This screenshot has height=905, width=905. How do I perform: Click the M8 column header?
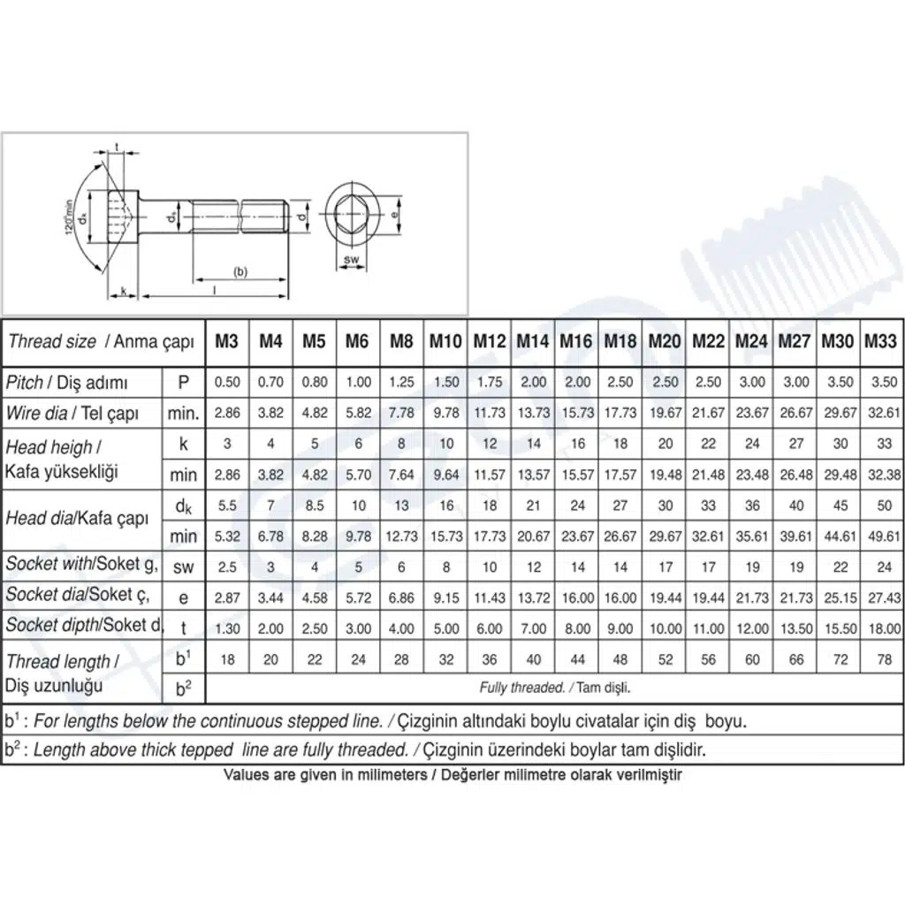(401, 341)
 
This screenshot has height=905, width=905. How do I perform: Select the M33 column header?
(881, 341)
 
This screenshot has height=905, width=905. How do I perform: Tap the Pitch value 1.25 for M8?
(401, 382)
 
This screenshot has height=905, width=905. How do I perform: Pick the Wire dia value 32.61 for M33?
(884, 414)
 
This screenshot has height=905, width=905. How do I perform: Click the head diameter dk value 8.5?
(315, 506)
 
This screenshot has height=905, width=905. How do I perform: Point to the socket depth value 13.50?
(796, 628)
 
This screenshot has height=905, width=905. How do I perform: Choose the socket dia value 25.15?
(840, 598)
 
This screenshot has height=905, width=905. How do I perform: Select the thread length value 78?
(884, 659)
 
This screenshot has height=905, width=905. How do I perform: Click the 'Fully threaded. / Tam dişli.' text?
(555, 688)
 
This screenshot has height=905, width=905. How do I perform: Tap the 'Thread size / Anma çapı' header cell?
(101, 342)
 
